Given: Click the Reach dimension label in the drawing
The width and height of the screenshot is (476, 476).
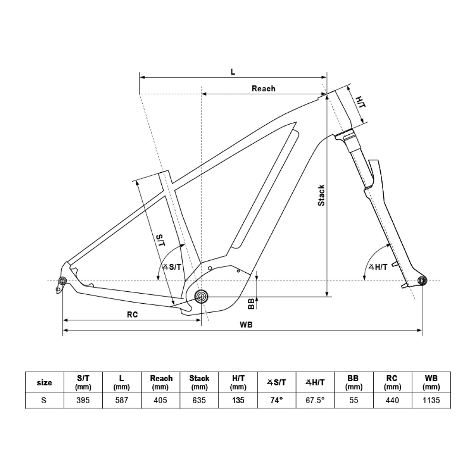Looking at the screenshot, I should pyautogui.click(x=263, y=88).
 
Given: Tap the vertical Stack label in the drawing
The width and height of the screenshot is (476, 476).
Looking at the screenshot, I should pyautogui.click(x=322, y=195).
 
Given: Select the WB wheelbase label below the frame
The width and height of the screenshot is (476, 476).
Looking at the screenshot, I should pyautogui.click(x=246, y=325).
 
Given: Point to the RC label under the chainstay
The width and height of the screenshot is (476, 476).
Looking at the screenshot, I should pyautogui.click(x=132, y=315).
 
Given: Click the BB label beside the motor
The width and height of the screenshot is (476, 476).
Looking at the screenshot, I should pyautogui.click(x=251, y=304).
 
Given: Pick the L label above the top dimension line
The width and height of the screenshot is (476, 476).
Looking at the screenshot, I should pyautogui.click(x=233, y=72).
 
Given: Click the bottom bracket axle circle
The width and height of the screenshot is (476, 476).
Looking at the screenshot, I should pyautogui.click(x=201, y=297).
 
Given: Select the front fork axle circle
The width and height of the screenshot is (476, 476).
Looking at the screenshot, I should pyautogui.click(x=421, y=280).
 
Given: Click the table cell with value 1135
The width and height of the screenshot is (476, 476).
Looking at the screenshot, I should pyautogui.click(x=431, y=400).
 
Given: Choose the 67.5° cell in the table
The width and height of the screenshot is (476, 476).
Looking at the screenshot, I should pyautogui.click(x=314, y=400).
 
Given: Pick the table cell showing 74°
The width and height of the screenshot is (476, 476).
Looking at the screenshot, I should pyautogui.click(x=276, y=400).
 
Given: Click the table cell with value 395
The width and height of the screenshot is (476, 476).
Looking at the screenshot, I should pyautogui.click(x=83, y=400).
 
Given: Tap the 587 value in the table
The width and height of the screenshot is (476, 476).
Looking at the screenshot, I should pyautogui.click(x=122, y=400).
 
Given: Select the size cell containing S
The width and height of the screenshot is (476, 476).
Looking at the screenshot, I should pyautogui.click(x=44, y=400).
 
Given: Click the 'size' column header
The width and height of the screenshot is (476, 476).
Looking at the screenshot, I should pyautogui.click(x=44, y=382).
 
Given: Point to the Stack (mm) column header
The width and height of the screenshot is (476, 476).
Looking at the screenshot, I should pyautogui.click(x=199, y=382).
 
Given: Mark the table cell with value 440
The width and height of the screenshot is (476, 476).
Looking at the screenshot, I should pyautogui.click(x=392, y=400).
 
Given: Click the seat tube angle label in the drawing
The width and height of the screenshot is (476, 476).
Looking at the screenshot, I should pyautogui.click(x=172, y=267).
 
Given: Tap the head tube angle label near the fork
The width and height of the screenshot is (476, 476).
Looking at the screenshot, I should pyautogui.click(x=378, y=267).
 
